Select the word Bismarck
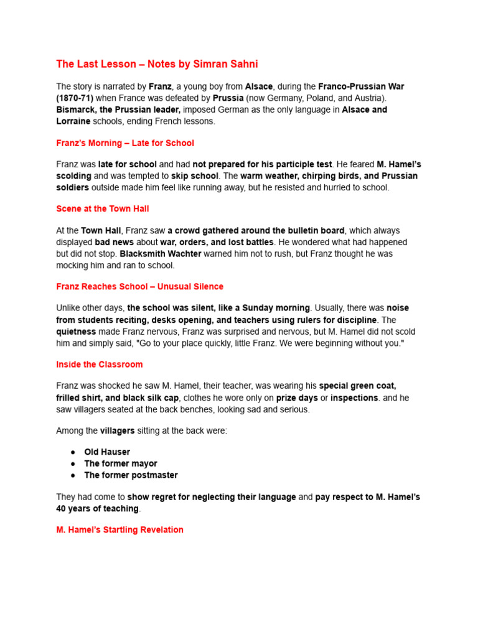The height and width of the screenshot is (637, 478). coord(77,110)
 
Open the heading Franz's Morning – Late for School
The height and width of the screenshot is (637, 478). coord(125,143)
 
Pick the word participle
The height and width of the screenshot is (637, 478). coord(283,164)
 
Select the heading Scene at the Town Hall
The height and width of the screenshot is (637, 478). coord(103,209)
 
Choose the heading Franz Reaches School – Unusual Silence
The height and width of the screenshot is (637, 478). coord(140,287)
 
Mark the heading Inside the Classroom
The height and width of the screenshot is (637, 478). coord(100,365)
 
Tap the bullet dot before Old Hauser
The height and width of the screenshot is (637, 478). coord(73,452)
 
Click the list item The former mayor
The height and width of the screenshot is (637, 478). coord(121,463)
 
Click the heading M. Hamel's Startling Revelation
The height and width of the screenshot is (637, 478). coord(120,530)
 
